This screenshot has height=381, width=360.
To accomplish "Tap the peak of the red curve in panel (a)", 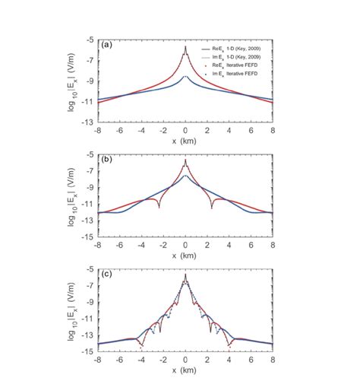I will [x=185, y=47].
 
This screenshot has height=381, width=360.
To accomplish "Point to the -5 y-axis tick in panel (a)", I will [x=92, y=40].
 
